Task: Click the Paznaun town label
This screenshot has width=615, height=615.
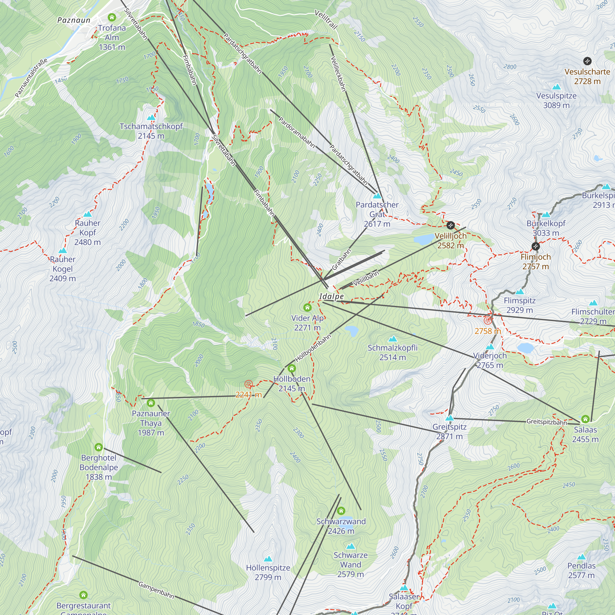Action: (74, 20)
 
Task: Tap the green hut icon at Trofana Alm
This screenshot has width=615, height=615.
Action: (112, 17)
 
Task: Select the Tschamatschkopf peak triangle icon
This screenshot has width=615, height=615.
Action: (151, 117)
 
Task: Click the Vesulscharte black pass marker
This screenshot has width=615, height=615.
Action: (587, 61)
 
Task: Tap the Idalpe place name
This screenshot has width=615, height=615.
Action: (331, 296)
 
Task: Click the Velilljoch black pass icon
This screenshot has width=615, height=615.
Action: (450, 225)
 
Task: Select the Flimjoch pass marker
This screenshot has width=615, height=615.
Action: (536, 246)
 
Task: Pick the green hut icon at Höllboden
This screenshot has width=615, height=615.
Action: (292, 369)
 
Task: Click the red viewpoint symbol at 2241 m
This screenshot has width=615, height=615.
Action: (248, 384)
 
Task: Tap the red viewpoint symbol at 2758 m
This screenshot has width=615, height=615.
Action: (488, 320)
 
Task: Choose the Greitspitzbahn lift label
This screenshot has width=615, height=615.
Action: (546, 422)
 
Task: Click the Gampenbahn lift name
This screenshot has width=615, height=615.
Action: (156, 590)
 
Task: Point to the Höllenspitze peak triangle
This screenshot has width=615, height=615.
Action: (268, 559)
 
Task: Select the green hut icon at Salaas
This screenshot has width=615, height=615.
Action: (585, 419)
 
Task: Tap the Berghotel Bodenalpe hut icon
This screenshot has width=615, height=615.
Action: (99, 447)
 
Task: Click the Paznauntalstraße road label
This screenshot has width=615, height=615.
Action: (31, 78)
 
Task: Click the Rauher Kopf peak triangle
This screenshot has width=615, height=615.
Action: (88, 214)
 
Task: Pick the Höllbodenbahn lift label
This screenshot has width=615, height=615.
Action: (313, 348)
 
